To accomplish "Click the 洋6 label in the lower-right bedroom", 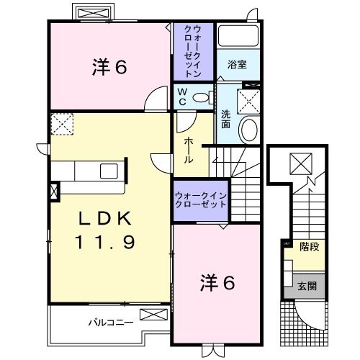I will (217, 284).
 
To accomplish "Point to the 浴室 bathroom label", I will (238, 64).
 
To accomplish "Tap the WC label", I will (183, 96).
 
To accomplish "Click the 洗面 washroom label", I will (225, 119).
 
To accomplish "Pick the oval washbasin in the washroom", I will (247, 130).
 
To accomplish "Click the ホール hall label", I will (188, 149).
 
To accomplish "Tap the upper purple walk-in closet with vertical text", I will (193, 51).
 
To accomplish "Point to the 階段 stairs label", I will (310, 246).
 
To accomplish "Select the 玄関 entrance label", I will (307, 286).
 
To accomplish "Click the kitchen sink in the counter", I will (109, 171).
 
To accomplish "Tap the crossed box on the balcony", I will (151, 314).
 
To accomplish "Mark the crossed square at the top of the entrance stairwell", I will (300, 164).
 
